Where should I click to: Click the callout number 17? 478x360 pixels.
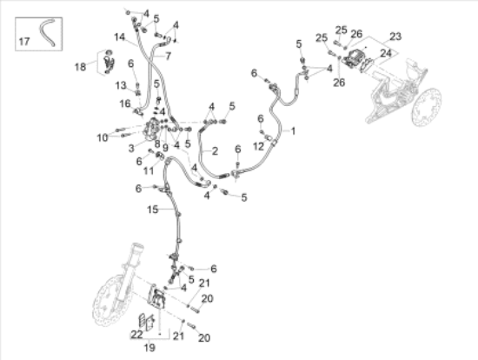tap(24, 40)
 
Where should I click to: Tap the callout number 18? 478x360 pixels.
tap(80, 66)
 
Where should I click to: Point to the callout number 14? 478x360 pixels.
tap(119, 37)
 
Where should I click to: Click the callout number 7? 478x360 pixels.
tap(168, 55)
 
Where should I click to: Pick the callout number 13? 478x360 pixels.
tap(121, 84)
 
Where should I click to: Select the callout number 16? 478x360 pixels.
tap(124, 103)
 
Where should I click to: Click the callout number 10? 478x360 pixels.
tap(102, 137)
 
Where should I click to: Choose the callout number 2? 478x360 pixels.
tap(214, 150)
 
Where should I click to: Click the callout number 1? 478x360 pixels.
tap(293, 131)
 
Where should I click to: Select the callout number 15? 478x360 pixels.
tap(153, 210)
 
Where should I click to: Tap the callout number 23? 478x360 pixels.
tap(395, 37)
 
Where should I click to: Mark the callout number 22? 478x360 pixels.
tap(136, 335)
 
